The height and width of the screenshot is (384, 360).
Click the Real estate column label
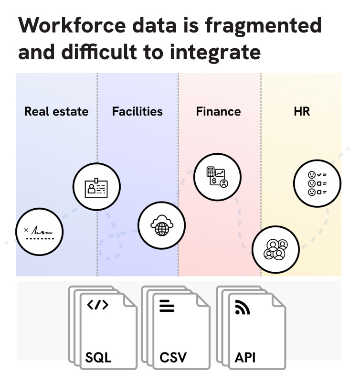point(56,112)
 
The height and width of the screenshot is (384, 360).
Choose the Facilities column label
point(137,112)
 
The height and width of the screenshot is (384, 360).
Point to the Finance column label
point(218,112)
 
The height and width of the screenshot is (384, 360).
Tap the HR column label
point(302,112)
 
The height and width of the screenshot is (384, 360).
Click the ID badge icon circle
point(96,187)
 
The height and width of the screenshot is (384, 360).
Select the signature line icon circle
point(39,233)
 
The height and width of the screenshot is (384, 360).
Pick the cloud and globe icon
point(161,225)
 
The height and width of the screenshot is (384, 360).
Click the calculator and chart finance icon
point(217,177)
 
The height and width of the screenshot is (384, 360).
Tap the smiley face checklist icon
point(317,183)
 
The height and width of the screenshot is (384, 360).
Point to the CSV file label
point(173,357)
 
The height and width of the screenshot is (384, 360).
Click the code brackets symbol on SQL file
point(97,305)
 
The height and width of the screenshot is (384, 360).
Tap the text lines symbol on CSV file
point(167,306)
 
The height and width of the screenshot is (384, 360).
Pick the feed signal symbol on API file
point(243,308)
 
